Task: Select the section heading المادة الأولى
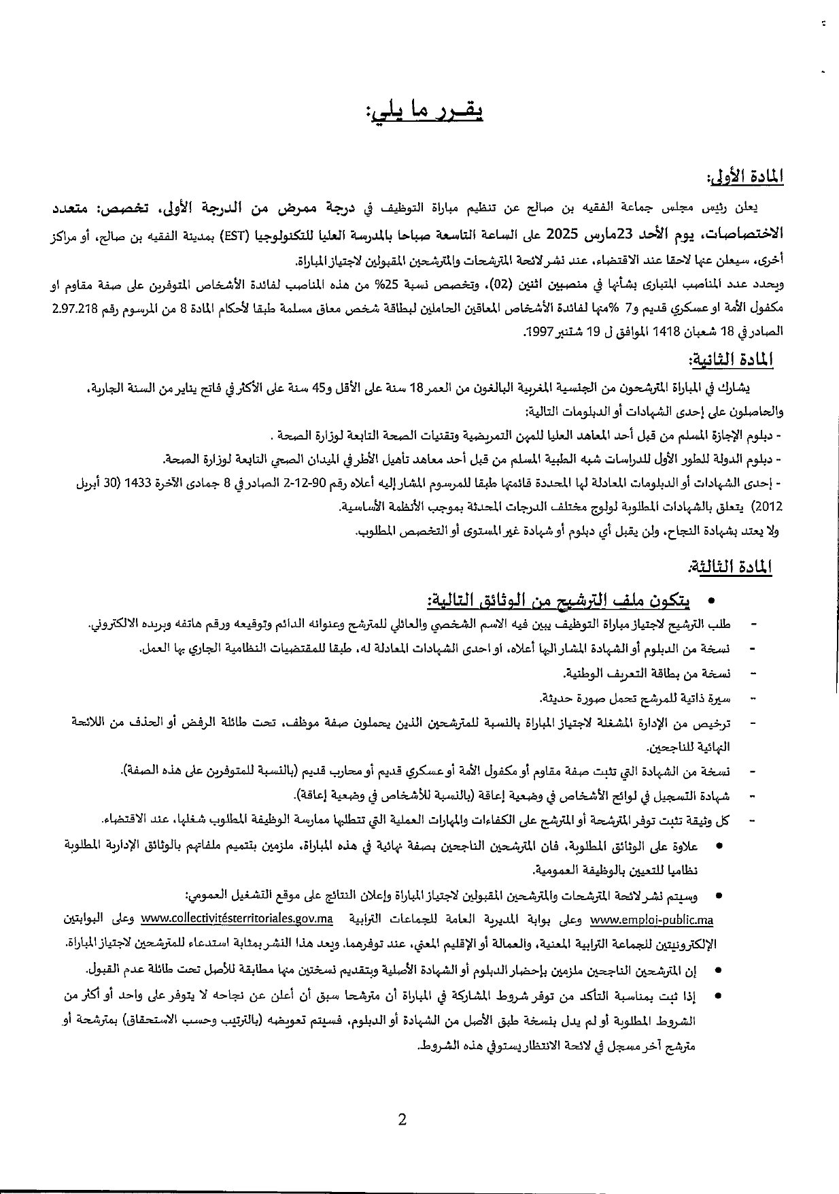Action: (x=744, y=179)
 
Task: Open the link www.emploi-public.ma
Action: (x=652, y=921)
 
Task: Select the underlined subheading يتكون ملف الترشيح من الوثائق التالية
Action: (x=558, y=601)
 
